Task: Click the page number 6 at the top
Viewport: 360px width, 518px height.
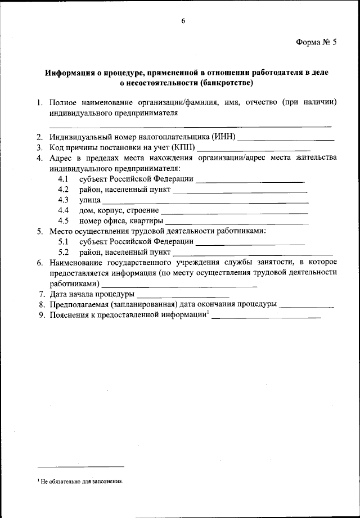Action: (183, 21)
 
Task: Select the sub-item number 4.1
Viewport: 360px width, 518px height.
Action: (63, 179)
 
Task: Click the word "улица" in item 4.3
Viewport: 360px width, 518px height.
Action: (89, 200)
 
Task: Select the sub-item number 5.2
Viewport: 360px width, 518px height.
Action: (63, 252)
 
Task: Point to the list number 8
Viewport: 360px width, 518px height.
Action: (41, 304)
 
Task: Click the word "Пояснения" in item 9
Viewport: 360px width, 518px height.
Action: (69, 315)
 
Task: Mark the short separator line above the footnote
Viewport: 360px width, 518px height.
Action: (80, 466)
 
